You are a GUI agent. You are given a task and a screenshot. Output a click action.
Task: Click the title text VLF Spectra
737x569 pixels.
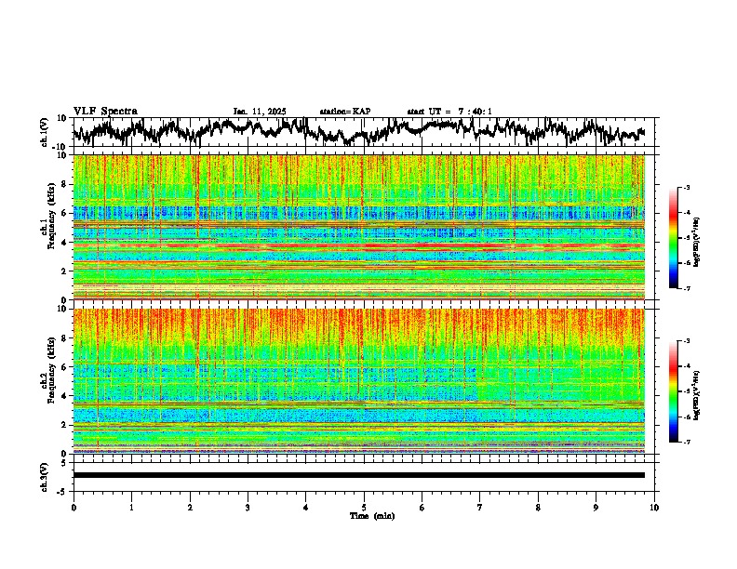click(x=105, y=111)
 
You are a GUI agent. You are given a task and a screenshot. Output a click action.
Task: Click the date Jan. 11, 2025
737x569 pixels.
click(x=259, y=112)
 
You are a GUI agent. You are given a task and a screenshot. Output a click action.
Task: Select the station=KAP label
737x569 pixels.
click(x=344, y=112)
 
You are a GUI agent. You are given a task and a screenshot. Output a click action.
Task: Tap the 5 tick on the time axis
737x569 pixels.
click(x=364, y=508)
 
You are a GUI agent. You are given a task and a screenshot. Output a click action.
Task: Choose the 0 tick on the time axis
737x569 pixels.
click(x=74, y=508)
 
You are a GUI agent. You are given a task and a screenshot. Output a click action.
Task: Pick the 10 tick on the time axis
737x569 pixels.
click(x=654, y=508)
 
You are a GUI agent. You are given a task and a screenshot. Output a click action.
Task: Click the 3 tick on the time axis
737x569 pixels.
click(x=248, y=508)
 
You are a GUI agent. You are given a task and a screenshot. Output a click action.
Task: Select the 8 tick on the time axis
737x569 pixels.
click(x=538, y=508)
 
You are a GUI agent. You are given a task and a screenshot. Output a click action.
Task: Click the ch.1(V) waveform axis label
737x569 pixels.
click(x=45, y=132)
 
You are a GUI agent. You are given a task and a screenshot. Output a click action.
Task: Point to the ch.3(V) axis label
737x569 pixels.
click(x=45, y=475)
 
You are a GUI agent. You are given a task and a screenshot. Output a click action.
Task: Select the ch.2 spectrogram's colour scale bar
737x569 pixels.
click(x=681, y=392)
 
